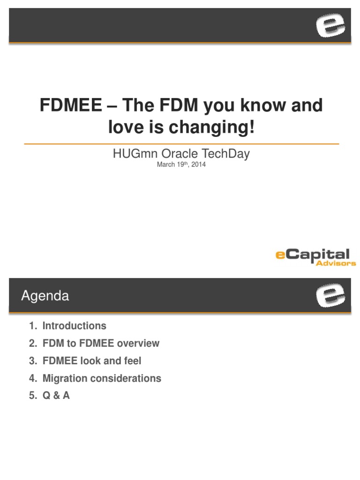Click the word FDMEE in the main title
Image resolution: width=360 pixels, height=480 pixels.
pos(70,105)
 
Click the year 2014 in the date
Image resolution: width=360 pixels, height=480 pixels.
pos(198,165)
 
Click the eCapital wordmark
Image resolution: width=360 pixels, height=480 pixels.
pos(313,255)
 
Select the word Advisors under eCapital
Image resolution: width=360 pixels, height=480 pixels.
pos(336,263)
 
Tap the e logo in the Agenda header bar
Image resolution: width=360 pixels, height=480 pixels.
pos(330,295)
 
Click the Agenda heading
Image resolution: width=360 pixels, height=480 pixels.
pos(45,296)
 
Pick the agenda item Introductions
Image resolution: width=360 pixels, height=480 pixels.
pos(74,326)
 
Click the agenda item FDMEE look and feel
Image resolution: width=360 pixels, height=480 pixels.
pos(91,361)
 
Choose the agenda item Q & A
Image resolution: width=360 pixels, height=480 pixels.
pos(56,396)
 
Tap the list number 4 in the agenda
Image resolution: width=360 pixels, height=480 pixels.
pos(32,378)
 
